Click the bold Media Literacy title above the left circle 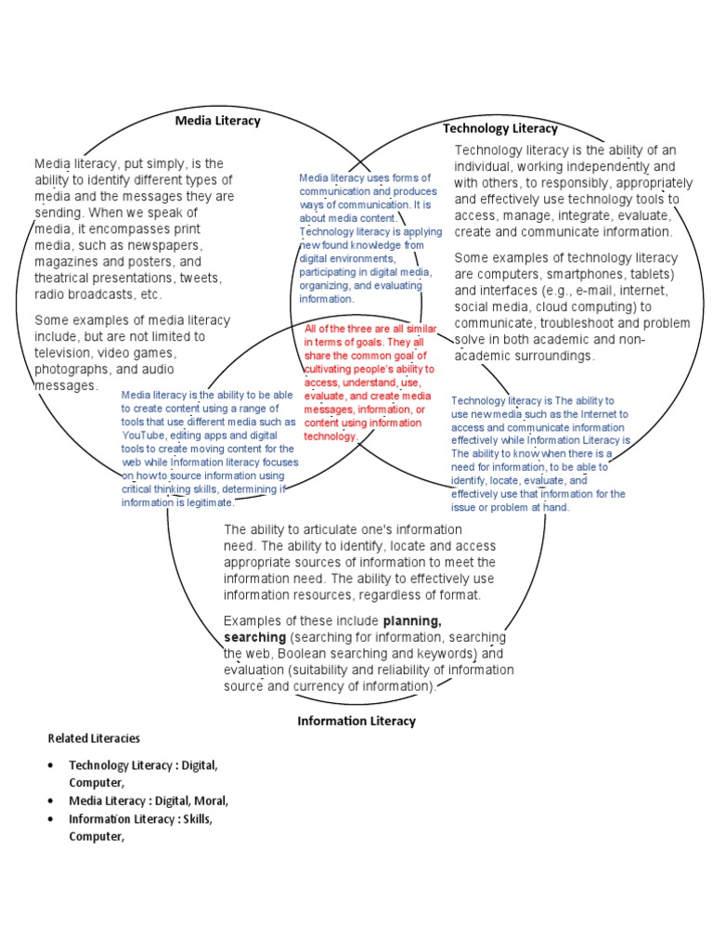(x=218, y=121)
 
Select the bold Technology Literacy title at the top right (x=499, y=128)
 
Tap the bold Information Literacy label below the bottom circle (x=356, y=721)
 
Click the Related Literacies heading (x=94, y=738)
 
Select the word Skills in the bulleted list (x=196, y=819)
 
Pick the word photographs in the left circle (x=71, y=369)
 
